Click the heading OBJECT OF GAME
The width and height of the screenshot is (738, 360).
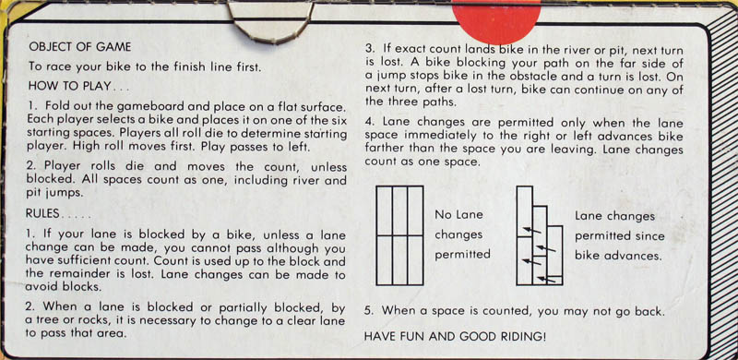tap(80, 47)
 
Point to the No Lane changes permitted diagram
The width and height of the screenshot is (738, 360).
tap(399, 235)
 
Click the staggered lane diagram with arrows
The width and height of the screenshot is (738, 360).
tap(540, 235)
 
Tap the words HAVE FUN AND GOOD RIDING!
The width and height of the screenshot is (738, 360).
tap(456, 337)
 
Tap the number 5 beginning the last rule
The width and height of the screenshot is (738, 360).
tap(368, 311)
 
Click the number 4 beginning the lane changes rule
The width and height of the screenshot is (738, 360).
tap(368, 123)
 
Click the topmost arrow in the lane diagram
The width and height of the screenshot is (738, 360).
tap(532, 230)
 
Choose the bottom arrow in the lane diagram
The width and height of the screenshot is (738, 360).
tap(547, 280)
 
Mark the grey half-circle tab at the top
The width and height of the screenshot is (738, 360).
tap(271, 39)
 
